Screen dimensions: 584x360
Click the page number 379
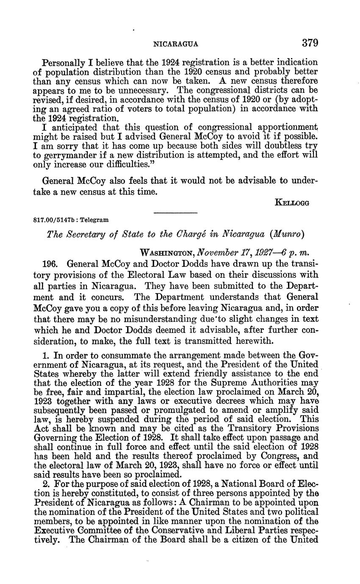tap(310, 43)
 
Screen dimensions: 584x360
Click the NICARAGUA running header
tap(175, 44)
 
